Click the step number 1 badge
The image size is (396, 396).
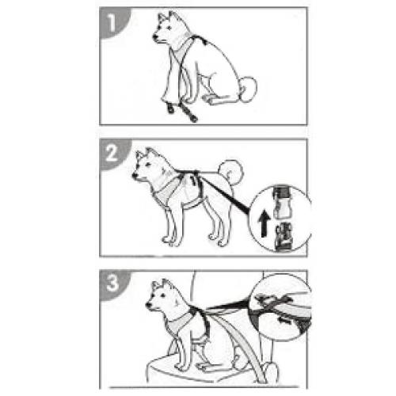tap(113, 22)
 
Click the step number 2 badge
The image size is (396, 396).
tap(113, 153)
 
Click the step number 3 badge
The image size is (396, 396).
tap(113, 284)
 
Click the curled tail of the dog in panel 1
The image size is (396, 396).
tap(248, 89)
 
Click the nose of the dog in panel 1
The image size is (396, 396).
tap(154, 37)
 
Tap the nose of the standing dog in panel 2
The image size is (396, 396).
tap(135, 175)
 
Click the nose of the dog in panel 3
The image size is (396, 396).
tap(148, 304)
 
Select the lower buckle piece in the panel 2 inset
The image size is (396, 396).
tap(283, 237)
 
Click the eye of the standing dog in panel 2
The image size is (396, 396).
tap(147, 165)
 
